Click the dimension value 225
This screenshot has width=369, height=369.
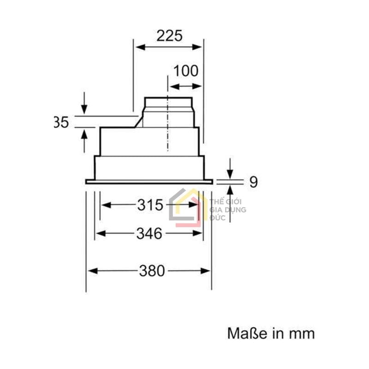169,36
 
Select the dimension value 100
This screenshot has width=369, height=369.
185,71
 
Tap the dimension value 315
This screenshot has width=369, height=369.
150,205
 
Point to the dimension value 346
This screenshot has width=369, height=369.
149,234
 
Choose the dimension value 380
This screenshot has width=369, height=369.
151,271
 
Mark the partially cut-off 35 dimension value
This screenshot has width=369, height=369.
61,122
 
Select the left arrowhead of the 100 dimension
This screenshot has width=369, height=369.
171,86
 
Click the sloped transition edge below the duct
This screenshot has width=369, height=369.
138,121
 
